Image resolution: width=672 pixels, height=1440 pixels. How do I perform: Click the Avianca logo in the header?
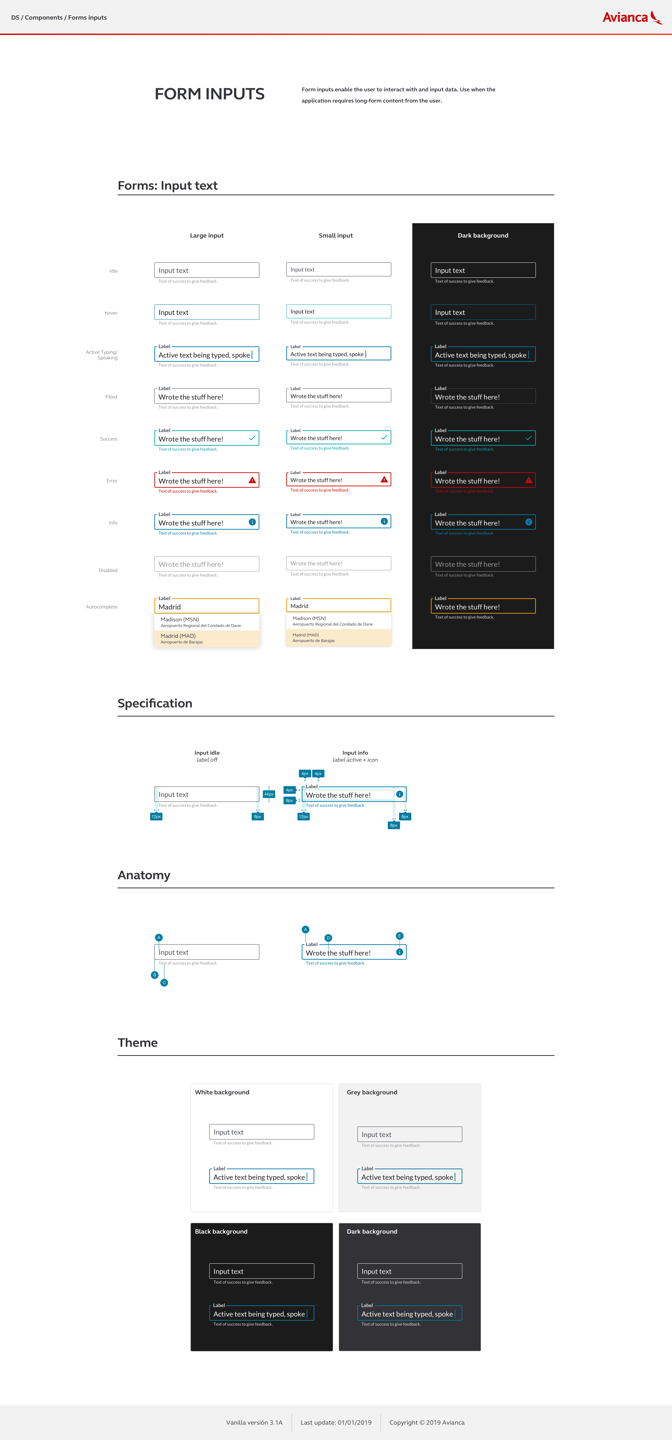(x=632, y=17)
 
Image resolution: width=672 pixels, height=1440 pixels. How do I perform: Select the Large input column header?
(x=207, y=235)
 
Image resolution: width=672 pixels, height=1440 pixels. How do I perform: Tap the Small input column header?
(x=335, y=235)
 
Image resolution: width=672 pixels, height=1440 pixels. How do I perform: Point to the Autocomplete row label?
(x=102, y=606)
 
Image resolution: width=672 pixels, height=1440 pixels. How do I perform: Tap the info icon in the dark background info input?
(x=528, y=522)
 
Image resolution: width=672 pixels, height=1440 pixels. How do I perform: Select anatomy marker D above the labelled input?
(x=328, y=937)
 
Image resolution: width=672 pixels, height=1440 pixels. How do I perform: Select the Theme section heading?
(x=138, y=1043)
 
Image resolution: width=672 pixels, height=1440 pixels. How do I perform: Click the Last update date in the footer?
(x=336, y=1422)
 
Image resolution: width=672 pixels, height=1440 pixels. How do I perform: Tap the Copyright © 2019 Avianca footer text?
(x=427, y=1422)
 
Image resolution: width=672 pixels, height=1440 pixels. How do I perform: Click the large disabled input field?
(x=206, y=564)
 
